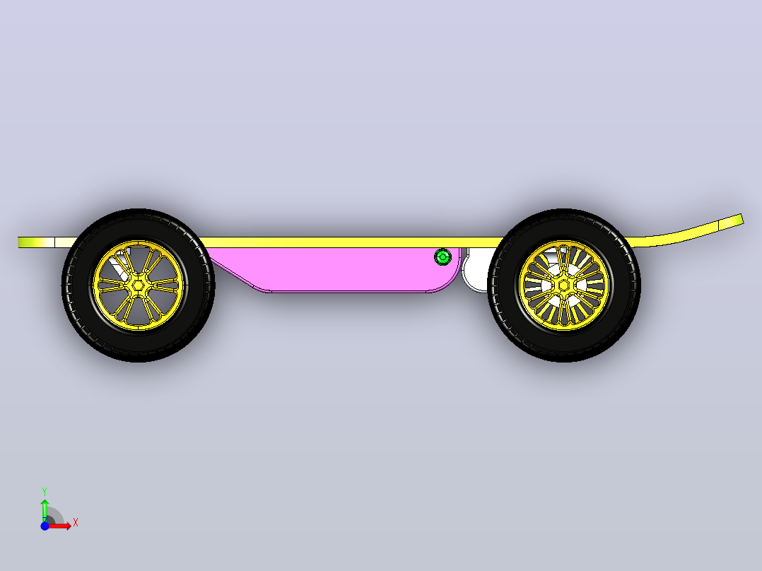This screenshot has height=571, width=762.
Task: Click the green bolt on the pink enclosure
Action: tap(442, 257)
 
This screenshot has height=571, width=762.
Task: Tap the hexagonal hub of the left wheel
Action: tap(139, 285)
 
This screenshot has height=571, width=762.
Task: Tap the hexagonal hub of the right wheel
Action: tap(564, 285)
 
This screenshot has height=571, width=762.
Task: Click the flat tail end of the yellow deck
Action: tap(20, 242)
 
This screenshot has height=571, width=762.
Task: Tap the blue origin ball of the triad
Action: tap(45, 526)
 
